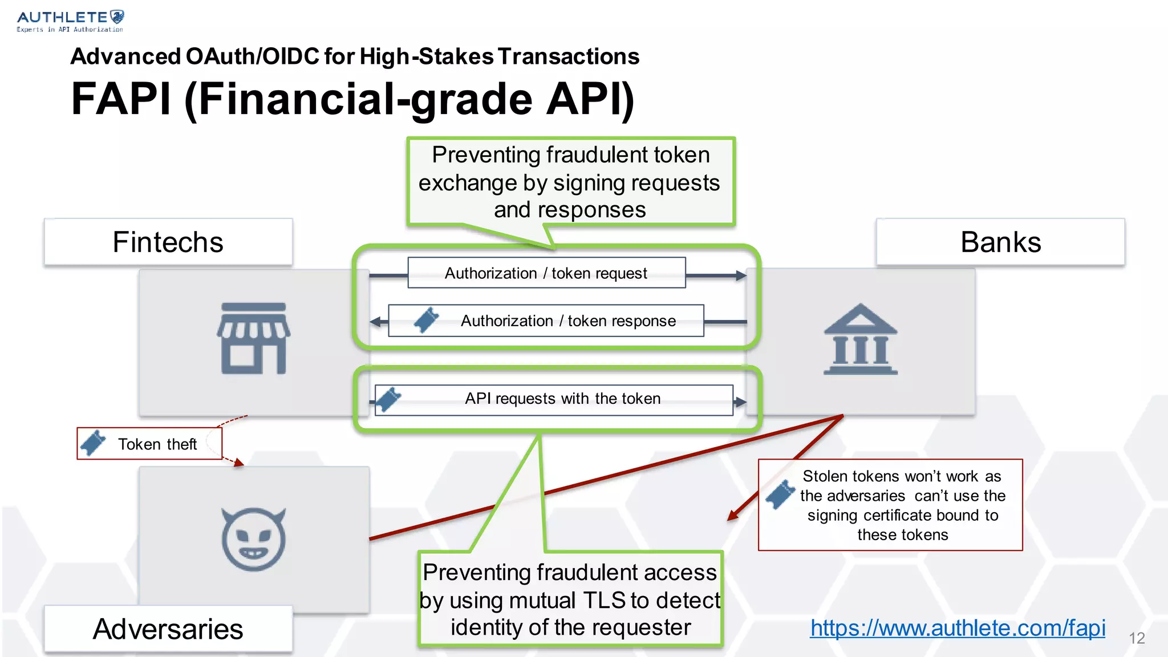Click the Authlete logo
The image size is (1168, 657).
pos(70,21)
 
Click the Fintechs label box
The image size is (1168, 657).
pos(168,242)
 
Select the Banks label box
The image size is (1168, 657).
pos(1000,242)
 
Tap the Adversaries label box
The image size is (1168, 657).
pos(168,629)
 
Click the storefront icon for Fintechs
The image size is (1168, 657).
pos(253,338)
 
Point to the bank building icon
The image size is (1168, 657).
pos(860,340)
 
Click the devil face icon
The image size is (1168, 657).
pos(253,539)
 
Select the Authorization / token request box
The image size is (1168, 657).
pos(546,273)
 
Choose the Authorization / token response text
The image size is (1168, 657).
pos(568,321)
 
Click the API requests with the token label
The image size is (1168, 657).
pos(562,399)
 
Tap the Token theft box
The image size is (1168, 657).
pos(149,444)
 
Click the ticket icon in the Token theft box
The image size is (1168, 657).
pos(93,443)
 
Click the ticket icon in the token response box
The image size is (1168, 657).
pos(427,320)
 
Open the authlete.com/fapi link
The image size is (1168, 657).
pos(958,628)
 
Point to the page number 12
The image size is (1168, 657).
pos(1137,638)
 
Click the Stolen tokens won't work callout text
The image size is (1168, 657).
pos(902,505)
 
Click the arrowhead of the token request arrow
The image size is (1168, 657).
pos(741,276)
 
